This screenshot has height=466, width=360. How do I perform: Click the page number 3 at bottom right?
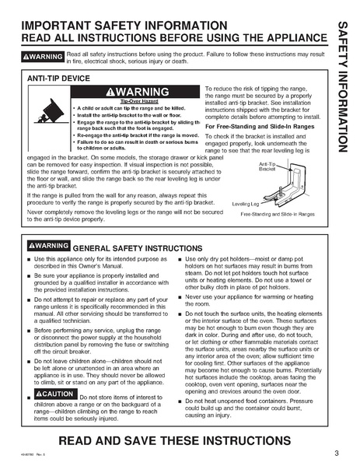pyautogui.click(x=336, y=453)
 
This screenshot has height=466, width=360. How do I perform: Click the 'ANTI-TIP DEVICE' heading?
pyautogui.click(x=59, y=79)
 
